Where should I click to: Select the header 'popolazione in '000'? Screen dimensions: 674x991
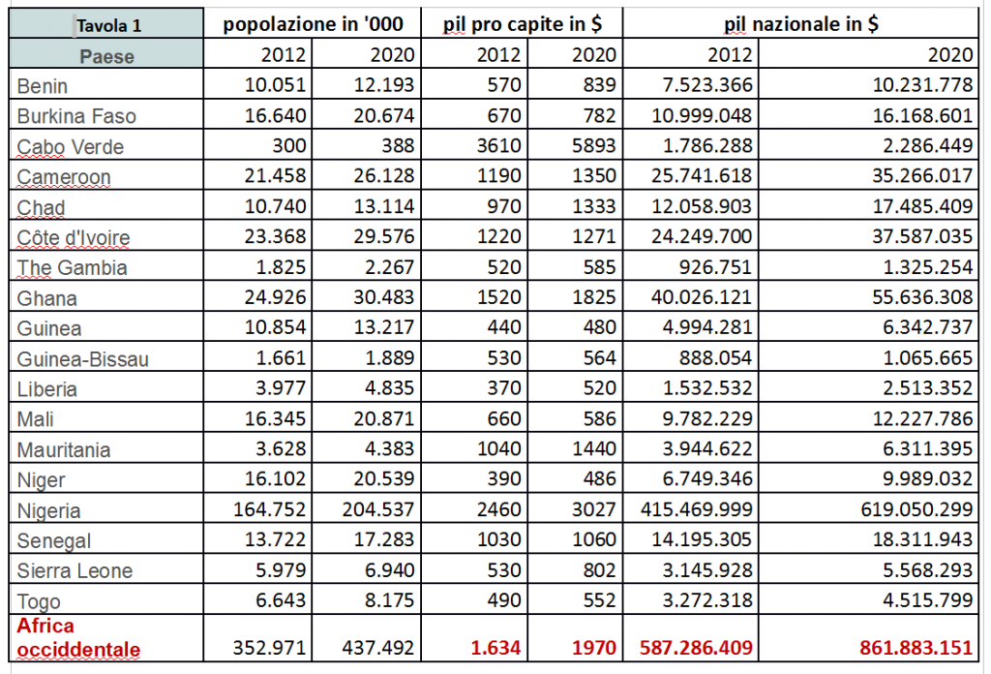click(313, 25)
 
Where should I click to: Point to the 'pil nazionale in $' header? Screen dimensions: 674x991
click(801, 25)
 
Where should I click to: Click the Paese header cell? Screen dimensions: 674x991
click(107, 56)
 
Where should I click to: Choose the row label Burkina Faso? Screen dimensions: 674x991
click(76, 116)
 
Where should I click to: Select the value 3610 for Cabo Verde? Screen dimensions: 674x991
click(500, 147)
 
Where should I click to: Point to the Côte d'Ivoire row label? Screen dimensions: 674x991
click(74, 238)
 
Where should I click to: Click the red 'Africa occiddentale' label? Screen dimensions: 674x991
click(77, 637)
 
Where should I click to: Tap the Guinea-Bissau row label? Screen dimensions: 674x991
click(83, 359)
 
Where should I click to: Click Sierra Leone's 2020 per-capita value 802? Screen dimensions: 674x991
click(599, 570)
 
